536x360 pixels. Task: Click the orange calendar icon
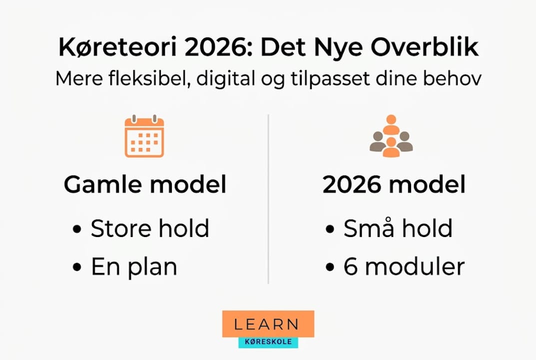coord(144,136)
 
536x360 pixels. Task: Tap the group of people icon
coord(391,136)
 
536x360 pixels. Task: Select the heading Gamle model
coord(145,185)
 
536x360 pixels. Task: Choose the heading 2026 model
coord(394,185)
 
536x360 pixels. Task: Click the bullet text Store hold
coord(150,229)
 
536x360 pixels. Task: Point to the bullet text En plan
coord(134,267)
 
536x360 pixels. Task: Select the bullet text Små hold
coord(398,229)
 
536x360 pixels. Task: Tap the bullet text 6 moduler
coord(404,267)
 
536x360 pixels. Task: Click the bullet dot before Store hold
coord(76,230)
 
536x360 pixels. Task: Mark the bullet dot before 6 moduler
coord(330,267)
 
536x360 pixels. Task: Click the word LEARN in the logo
coord(267,324)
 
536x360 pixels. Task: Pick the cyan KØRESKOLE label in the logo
coord(268,342)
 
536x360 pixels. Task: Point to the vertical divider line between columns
coord(268,200)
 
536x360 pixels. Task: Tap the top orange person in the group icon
coord(391,122)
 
